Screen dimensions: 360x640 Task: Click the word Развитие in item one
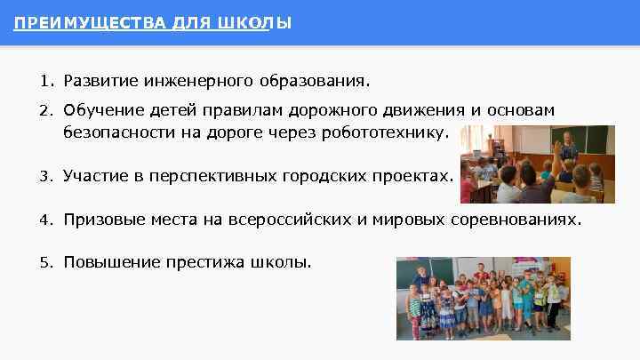[x=97, y=82]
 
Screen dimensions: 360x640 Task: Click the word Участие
[x=93, y=176]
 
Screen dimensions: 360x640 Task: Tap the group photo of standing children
[x=483, y=298]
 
